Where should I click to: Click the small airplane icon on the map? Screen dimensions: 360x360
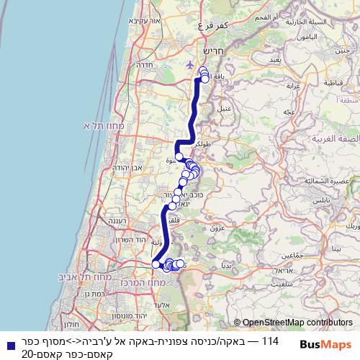[189, 64]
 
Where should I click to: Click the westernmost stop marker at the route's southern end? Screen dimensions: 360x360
[155, 264]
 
